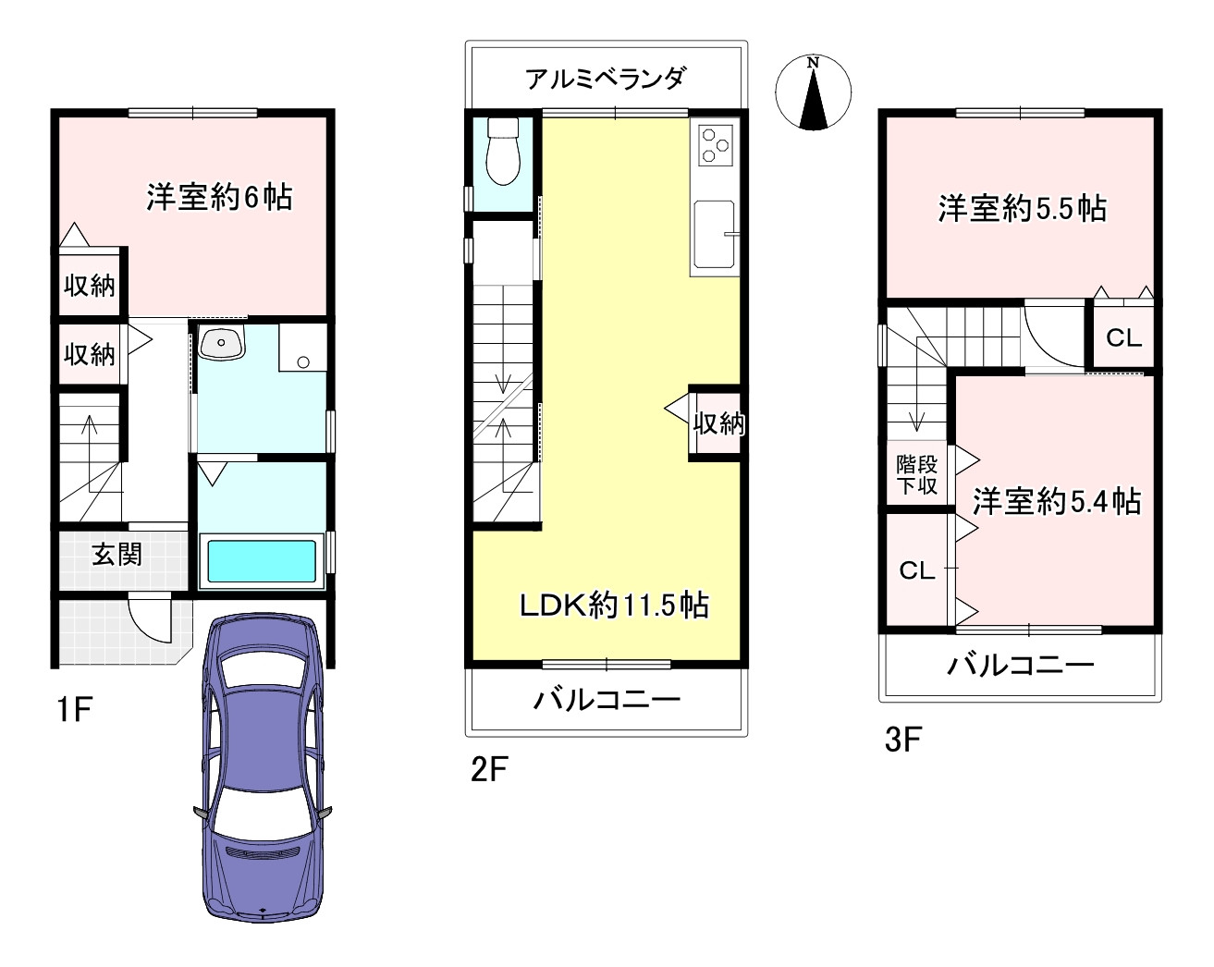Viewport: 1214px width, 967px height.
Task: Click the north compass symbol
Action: pos(813,92)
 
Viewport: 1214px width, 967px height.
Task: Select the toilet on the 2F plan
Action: pos(504,153)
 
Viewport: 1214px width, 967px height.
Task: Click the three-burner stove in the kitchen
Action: pos(715,144)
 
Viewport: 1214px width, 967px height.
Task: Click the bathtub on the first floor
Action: pos(262,560)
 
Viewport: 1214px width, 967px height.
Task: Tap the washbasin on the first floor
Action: pos(222,344)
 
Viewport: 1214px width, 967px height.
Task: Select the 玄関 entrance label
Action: pos(116,555)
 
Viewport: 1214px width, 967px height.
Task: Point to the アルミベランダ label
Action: pos(606,79)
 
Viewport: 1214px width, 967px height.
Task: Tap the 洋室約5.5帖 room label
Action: pos(1022,209)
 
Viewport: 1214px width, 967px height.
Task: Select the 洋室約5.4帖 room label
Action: pos(1055,502)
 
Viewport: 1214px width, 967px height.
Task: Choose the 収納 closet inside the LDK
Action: pos(718,423)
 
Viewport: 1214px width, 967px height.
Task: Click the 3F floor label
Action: pos(904,741)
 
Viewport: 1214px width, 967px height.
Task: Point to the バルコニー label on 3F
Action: pos(1020,665)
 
